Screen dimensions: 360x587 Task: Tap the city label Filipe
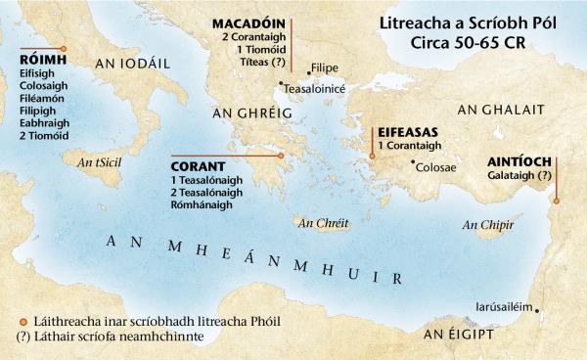pyautogui.click(x=324, y=68)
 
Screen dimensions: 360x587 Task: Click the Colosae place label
pyautogui.click(x=437, y=167)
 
